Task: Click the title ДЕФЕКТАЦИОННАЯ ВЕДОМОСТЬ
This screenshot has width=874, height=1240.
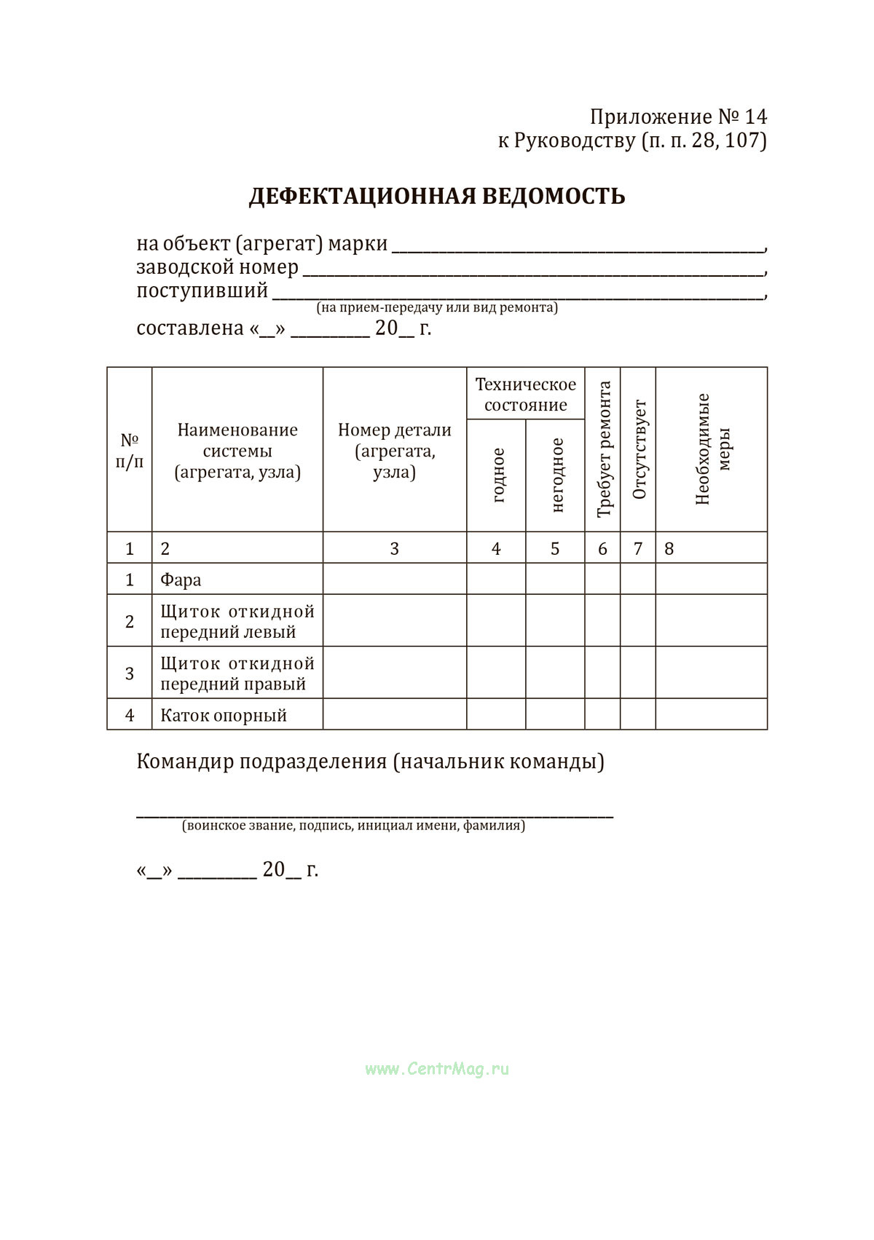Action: tap(437, 197)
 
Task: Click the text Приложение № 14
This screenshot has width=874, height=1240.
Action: tap(678, 117)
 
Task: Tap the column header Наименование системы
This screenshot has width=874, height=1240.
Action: tap(237, 451)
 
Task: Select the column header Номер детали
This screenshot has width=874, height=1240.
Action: tap(394, 451)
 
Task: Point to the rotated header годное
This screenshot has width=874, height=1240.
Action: tap(498, 475)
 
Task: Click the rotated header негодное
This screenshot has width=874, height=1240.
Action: tap(557, 475)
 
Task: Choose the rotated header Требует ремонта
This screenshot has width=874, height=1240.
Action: tap(603, 449)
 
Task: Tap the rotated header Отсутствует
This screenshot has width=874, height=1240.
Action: tap(639, 449)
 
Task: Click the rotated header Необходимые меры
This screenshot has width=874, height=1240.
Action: tap(712, 449)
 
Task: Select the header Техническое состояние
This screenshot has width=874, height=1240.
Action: tap(525, 394)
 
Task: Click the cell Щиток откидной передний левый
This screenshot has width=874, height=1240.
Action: tap(237, 621)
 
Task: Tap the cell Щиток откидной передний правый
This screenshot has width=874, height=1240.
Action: tap(237, 674)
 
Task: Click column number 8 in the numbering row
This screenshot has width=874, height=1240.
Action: tap(669, 548)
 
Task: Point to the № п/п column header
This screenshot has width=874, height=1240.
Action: tap(130, 451)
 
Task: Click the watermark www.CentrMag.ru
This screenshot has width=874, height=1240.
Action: tap(437, 1069)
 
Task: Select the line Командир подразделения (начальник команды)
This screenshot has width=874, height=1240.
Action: tap(370, 762)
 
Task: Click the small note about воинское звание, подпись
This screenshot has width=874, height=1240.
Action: tap(354, 826)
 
